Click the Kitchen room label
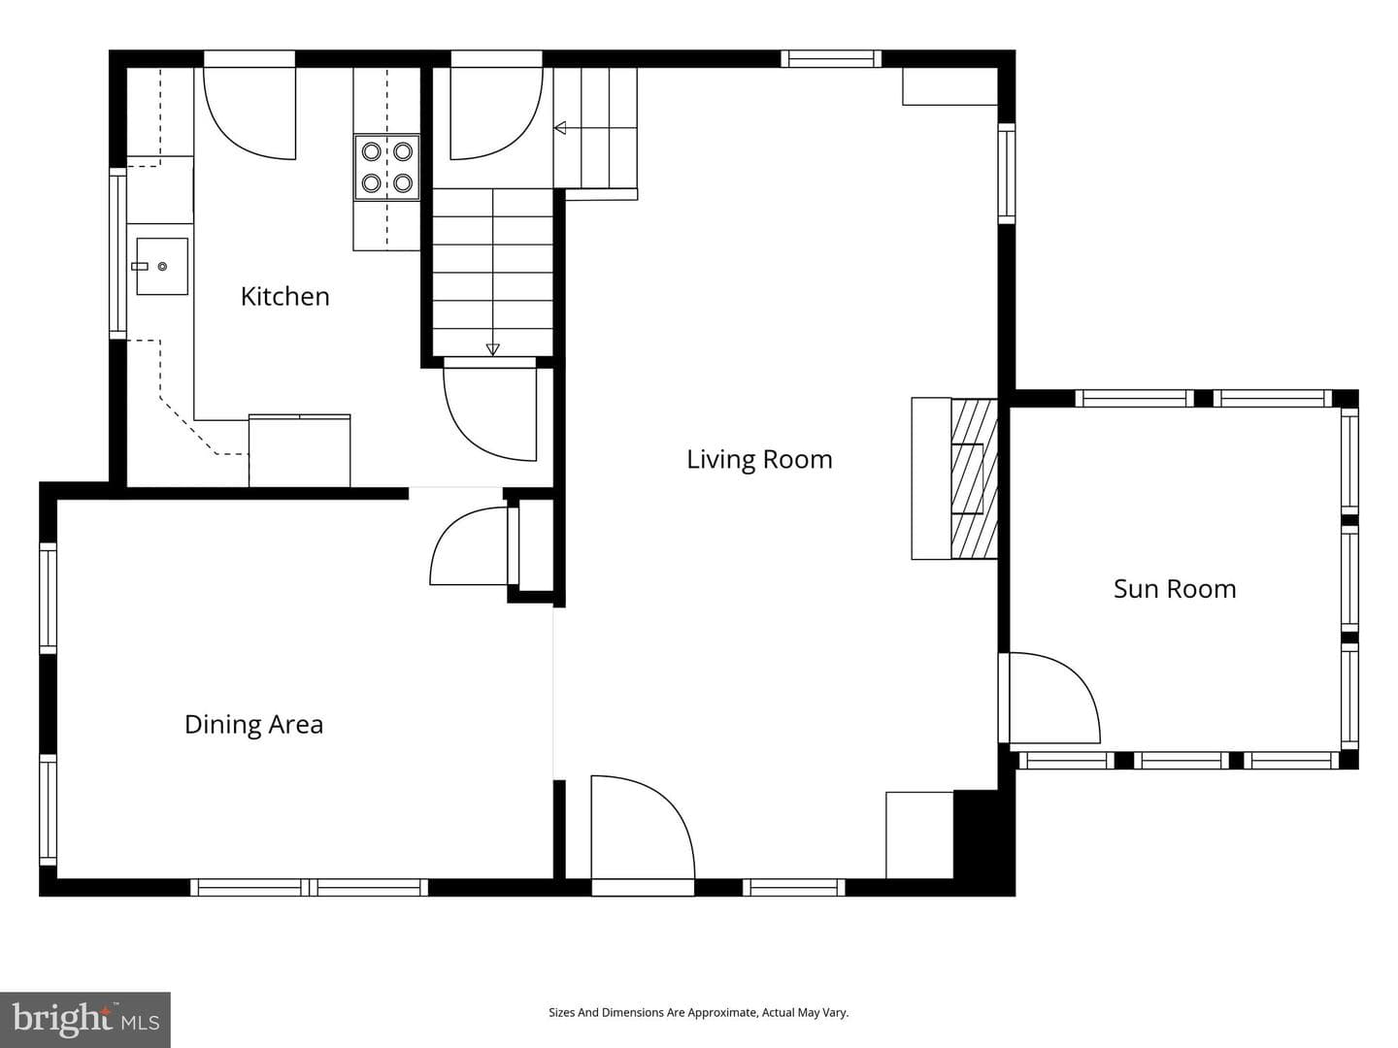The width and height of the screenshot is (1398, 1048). [x=284, y=297]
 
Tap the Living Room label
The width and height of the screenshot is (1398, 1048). [x=759, y=459]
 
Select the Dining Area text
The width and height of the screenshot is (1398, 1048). [x=253, y=725]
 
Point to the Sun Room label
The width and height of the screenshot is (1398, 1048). [x=1175, y=589]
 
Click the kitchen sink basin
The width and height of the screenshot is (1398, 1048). [x=162, y=267]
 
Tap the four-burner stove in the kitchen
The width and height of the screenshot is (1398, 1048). [x=386, y=167]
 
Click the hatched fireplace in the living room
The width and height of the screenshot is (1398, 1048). [x=974, y=478]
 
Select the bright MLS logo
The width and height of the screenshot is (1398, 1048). [x=84, y=1019]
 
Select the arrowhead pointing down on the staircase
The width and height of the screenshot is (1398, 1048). [x=492, y=349]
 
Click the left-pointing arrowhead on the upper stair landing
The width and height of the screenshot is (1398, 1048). [x=560, y=128]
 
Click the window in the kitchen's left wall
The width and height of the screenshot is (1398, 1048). [x=117, y=253]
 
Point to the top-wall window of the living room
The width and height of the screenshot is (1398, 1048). [x=831, y=59]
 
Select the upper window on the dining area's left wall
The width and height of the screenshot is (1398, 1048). [x=49, y=598]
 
